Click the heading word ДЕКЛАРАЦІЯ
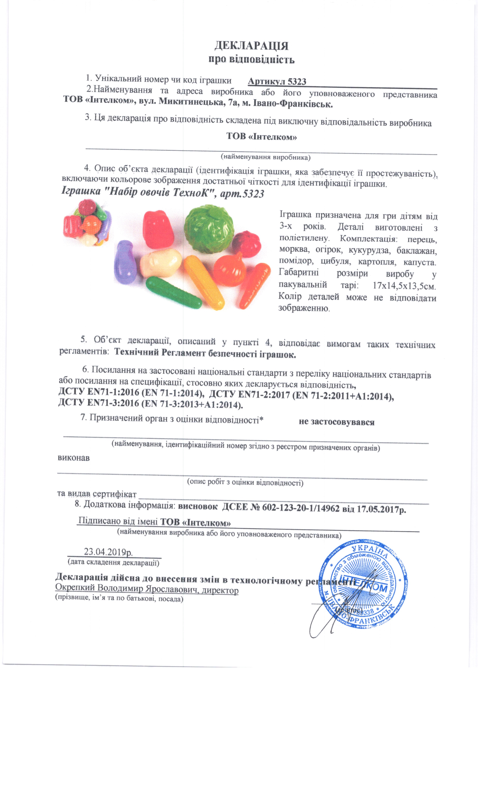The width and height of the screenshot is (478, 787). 251,46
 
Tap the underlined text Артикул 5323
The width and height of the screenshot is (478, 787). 277,82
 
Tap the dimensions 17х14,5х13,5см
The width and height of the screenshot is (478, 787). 404,285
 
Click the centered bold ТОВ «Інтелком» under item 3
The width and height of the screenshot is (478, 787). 261,137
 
